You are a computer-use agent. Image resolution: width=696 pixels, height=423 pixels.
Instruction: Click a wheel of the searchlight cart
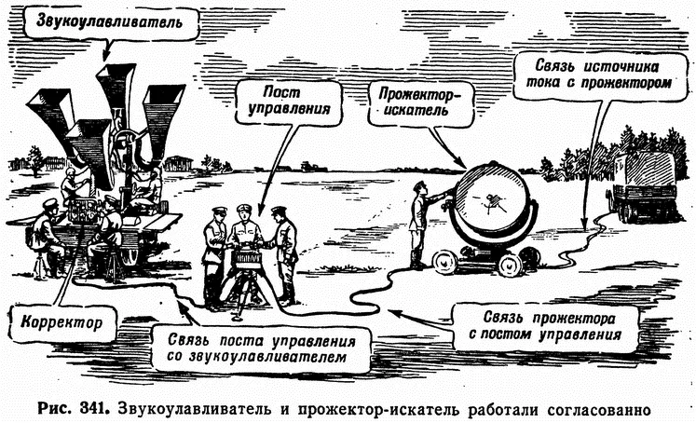508,266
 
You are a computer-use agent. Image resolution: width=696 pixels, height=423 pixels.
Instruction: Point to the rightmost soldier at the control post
283,247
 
